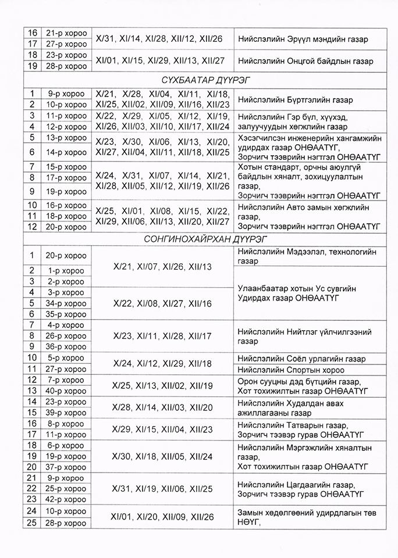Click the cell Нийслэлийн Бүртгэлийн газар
[295, 99]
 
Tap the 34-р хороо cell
[65, 303]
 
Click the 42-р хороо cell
[65, 499]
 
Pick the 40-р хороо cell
[65, 391]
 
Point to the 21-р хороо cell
[65, 33]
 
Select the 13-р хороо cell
[65, 138]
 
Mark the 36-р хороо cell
[65, 347]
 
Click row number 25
[32, 523]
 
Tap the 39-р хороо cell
[65, 413]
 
